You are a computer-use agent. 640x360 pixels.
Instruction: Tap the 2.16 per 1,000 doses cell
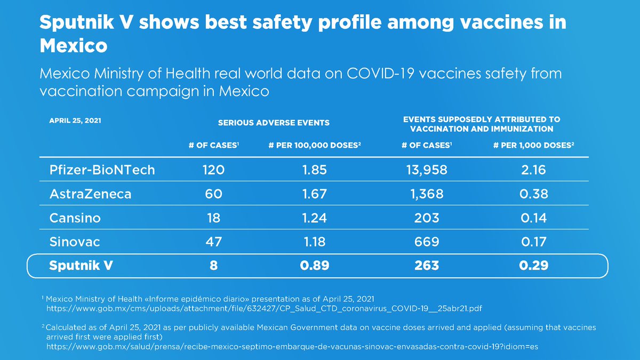point(533,170)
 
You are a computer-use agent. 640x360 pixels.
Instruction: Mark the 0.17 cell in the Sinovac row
point(533,242)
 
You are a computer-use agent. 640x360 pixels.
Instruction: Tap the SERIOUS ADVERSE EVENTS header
point(274,123)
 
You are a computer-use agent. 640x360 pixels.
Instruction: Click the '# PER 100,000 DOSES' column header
point(314,146)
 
